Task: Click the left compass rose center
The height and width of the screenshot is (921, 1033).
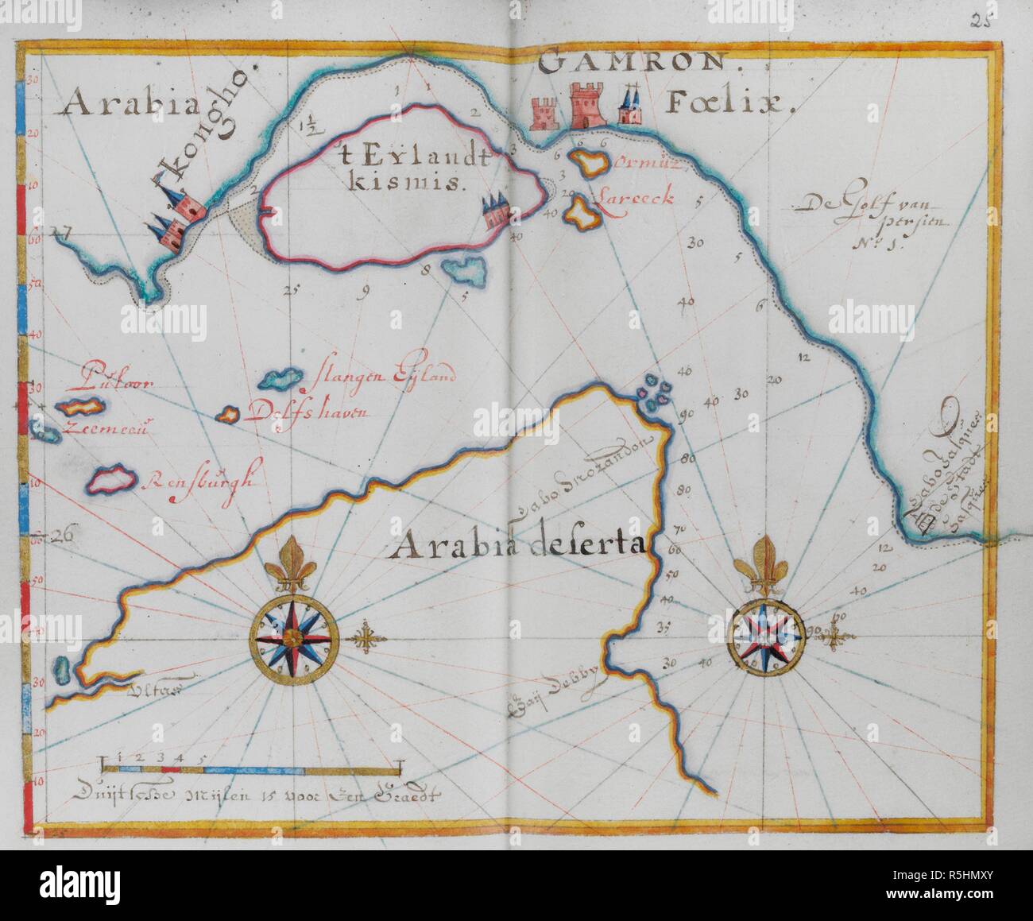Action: [x=295, y=637]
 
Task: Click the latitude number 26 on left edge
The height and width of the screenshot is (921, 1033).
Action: [x=62, y=536]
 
